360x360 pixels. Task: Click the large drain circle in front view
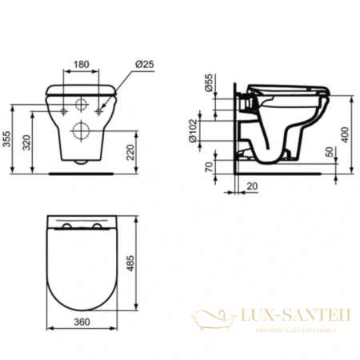click(x=81, y=129)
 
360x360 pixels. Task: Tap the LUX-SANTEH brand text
click(x=290, y=318)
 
